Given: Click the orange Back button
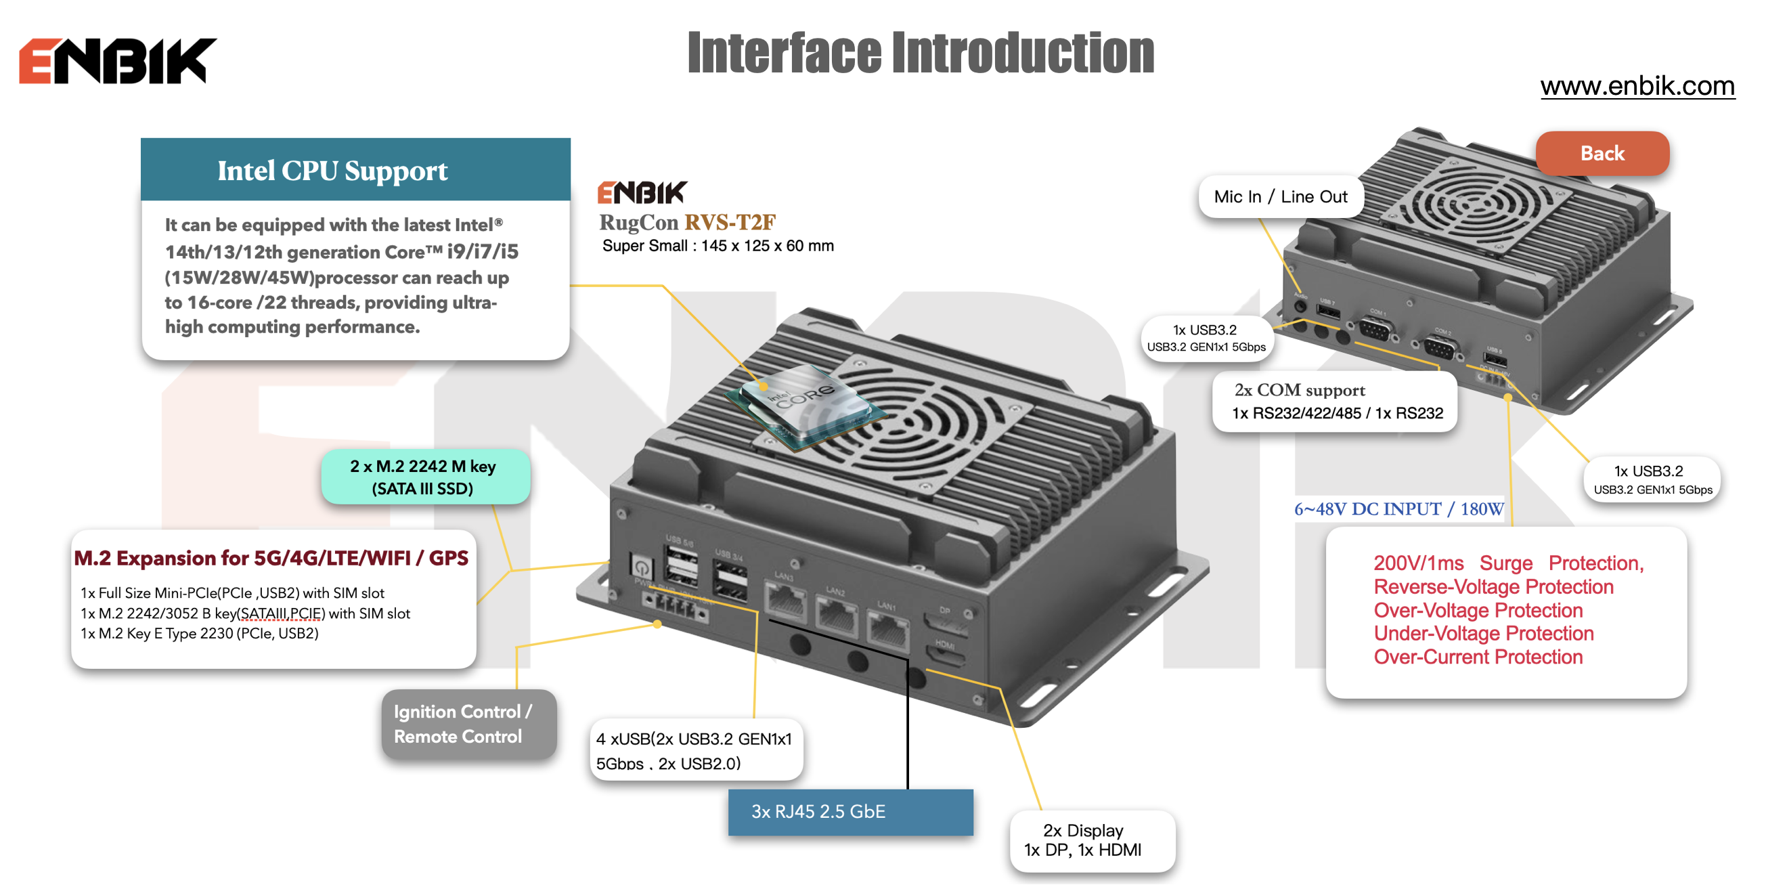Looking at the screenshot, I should (x=1602, y=154).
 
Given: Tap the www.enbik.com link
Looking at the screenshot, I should (x=1637, y=86).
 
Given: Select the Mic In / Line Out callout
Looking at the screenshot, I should (x=1280, y=197).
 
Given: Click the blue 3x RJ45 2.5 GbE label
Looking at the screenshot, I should (x=850, y=811).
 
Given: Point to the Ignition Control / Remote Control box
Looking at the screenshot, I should (x=468, y=724).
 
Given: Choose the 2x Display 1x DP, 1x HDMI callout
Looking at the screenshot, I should (x=1092, y=840).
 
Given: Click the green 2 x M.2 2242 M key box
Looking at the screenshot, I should (x=424, y=477).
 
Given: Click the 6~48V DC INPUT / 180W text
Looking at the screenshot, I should (x=1398, y=509).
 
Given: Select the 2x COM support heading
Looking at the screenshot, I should (x=1300, y=391).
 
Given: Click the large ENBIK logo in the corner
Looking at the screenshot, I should (x=118, y=61).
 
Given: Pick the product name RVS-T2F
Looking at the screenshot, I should (x=730, y=222).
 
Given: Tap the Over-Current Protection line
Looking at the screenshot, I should (x=1478, y=657).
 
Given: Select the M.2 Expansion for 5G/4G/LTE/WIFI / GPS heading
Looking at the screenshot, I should (x=271, y=559).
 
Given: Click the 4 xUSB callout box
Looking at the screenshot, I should (x=695, y=751).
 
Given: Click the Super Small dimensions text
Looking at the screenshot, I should (x=718, y=246).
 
